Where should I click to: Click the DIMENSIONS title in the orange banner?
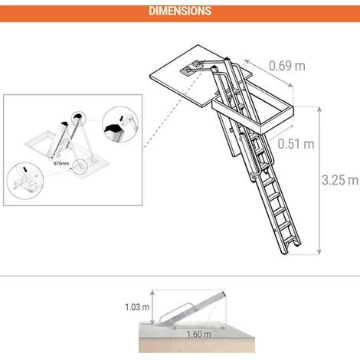[x=180, y=11]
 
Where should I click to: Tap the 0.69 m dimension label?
[x=287, y=66]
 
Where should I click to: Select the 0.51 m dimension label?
[x=296, y=144]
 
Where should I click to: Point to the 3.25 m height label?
[x=340, y=180]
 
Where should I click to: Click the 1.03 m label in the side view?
[x=137, y=307]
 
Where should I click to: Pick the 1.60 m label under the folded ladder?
[x=198, y=334]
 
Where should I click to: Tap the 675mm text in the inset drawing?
[x=61, y=163]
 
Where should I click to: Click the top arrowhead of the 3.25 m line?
[x=319, y=109]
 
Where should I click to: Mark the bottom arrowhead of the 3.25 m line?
[x=319, y=252]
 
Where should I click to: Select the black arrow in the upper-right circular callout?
[x=122, y=118]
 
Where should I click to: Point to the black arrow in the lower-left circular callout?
[x=25, y=169]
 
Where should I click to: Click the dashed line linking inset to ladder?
[x=172, y=110]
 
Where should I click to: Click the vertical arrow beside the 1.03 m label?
[x=152, y=307]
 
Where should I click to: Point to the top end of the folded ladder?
[x=224, y=293]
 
